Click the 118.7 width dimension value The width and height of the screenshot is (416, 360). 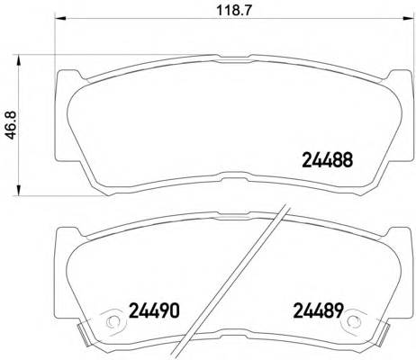coord(234,11)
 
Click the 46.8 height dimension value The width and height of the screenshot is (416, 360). coord(11,125)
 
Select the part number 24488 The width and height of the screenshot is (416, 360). coord(328,160)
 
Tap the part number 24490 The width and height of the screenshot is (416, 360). coord(154,310)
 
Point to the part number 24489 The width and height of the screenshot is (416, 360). coord(318,310)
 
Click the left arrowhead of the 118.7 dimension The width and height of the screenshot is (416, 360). coord(59,18)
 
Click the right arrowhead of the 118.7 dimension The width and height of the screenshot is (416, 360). coord(407,18)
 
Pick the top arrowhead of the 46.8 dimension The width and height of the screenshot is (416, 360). coord(19,60)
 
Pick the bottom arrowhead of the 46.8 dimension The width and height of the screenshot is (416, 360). coord(19,191)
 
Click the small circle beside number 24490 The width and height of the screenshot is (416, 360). coord(113,321)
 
